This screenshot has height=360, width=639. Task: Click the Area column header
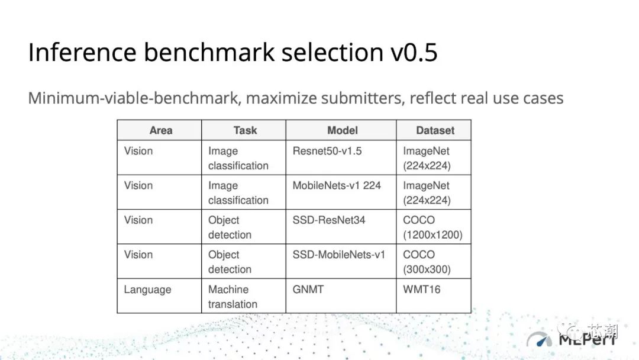click(x=160, y=130)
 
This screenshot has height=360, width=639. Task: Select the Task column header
click(x=244, y=130)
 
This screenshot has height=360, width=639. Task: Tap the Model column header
click(x=342, y=130)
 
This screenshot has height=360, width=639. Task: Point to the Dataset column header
click(x=435, y=130)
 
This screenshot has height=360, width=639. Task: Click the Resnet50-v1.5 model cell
click(x=327, y=151)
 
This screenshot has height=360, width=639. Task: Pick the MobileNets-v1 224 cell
click(x=336, y=185)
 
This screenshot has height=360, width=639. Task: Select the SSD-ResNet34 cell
click(x=328, y=220)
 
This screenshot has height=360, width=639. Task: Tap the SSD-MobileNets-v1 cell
click(x=338, y=255)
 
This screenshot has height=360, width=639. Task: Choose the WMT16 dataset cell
click(x=422, y=290)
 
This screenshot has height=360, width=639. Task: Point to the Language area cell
click(x=147, y=290)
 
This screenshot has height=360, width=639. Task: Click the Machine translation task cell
click(x=233, y=297)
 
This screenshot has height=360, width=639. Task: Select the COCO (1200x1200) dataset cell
click(x=433, y=227)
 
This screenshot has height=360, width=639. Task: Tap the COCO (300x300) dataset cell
click(x=427, y=262)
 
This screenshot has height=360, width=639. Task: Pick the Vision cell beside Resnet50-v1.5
click(x=138, y=151)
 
